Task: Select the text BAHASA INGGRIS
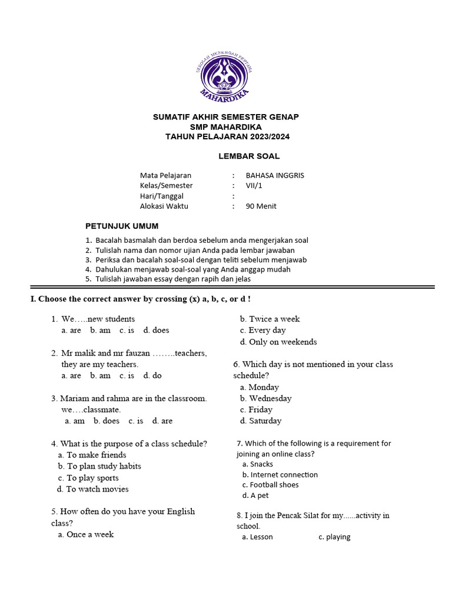pyautogui.click(x=275, y=175)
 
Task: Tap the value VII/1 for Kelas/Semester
pyautogui.click(x=254, y=186)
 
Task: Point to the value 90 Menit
pyautogui.click(x=261, y=206)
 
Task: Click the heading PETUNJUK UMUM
pyautogui.click(x=122, y=226)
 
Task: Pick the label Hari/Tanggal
pyautogui.click(x=162, y=196)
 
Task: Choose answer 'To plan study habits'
pyautogui.click(x=104, y=466)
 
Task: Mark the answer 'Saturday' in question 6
pyautogui.click(x=265, y=421)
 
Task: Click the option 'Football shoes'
pyautogui.click(x=274, y=485)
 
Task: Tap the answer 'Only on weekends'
pyautogui.click(x=282, y=342)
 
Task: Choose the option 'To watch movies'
pyautogui.click(x=97, y=489)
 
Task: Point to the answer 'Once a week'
pyautogui.click(x=90, y=534)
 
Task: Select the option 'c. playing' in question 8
pyautogui.click(x=334, y=537)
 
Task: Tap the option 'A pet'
pyautogui.click(x=260, y=496)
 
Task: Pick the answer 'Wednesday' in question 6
pyautogui.click(x=270, y=398)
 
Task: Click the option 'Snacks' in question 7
pyautogui.click(x=261, y=464)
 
